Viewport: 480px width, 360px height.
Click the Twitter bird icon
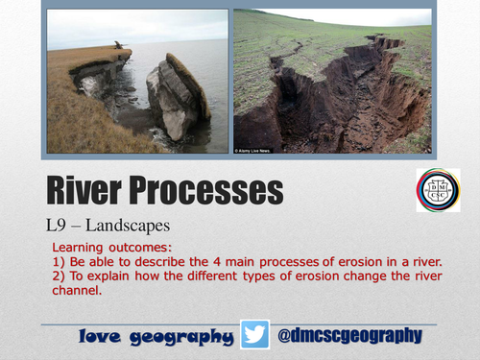(x=256, y=335)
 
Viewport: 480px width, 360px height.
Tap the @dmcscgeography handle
(x=349, y=335)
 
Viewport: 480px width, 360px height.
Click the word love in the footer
(x=104, y=337)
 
